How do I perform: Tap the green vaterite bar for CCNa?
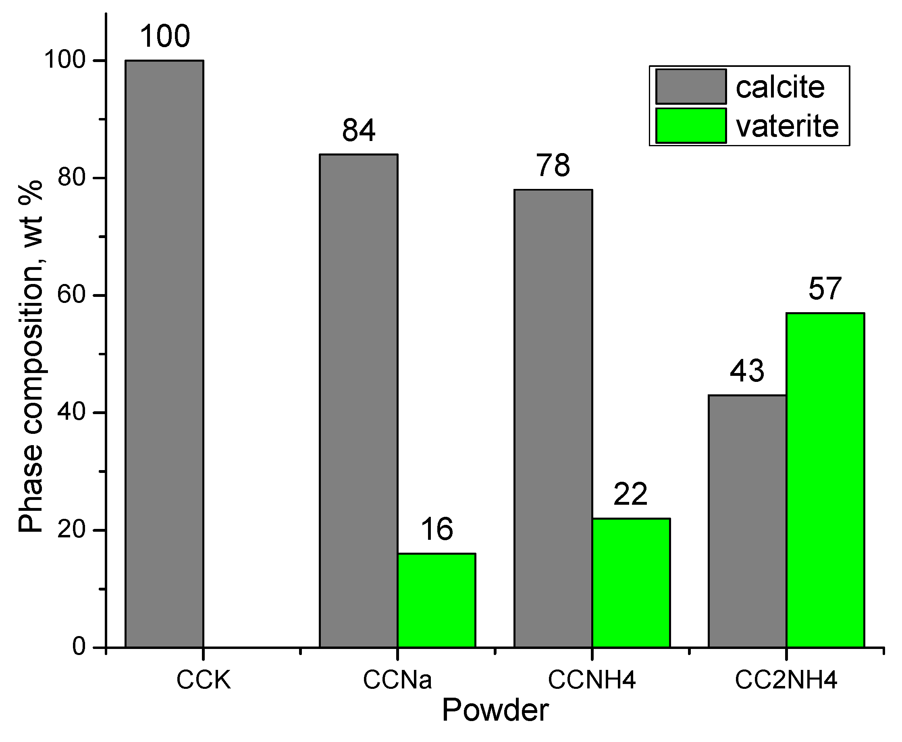click(436, 600)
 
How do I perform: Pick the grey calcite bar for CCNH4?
click(553, 419)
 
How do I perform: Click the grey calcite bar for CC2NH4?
click(747, 521)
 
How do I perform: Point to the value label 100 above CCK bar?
click(165, 37)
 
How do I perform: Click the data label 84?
click(358, 131)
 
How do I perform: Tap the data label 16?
click(436, 530)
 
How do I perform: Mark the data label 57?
click(825, 289)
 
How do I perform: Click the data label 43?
click(747, 371)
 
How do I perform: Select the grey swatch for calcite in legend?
click(691, 87)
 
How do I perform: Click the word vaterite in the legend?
click(787, 126)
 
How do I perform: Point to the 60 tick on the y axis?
click(72, 295)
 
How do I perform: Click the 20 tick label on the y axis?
click(72, 530)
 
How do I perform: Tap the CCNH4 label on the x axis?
click(592, 680)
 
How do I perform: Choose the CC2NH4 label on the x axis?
click(786, 680)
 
